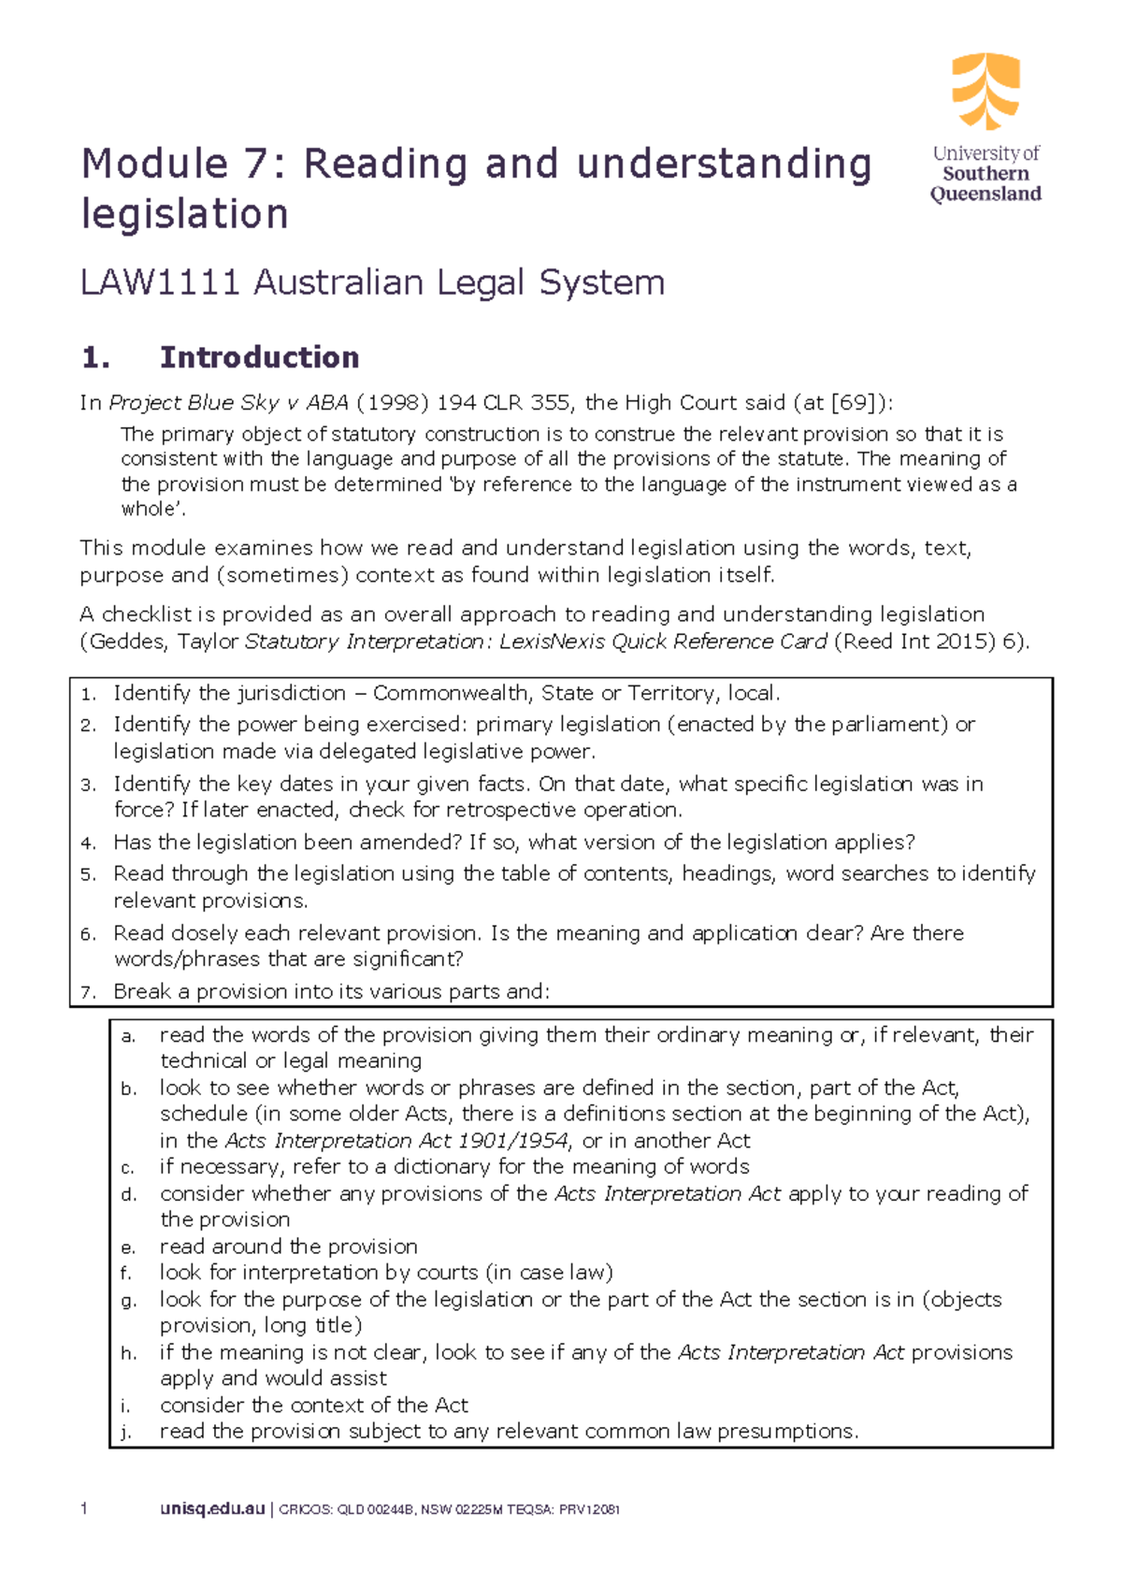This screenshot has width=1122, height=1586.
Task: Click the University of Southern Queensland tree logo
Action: [985, 91]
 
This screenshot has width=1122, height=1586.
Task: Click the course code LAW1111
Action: [160, 282]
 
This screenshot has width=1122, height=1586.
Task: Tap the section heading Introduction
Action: [259, 357]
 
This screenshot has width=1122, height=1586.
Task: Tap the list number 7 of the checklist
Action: [87, 993]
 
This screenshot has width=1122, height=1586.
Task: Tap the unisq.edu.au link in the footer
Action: [212, 1509]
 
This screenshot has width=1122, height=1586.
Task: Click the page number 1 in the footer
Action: [84, 1509]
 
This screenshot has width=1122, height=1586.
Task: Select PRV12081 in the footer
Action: [589, 1510]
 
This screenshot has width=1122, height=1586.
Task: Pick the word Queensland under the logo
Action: [985, 195]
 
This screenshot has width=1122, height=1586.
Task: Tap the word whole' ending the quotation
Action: [147, 510]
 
